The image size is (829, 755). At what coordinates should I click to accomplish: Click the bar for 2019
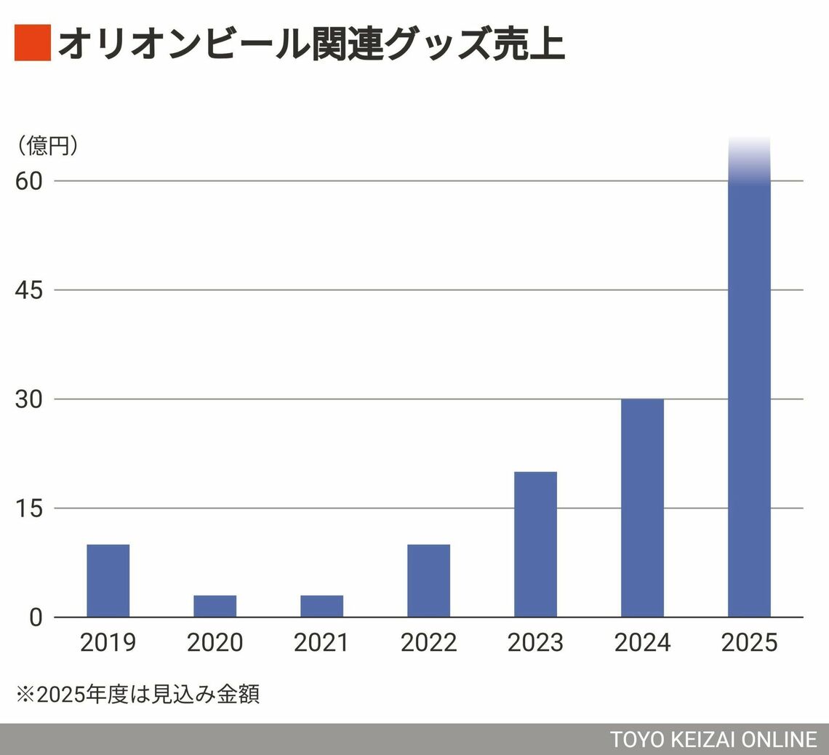[x=108, y=580]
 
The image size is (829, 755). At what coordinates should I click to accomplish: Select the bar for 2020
[x=215, y=606]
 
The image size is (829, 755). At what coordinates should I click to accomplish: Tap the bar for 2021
[x=321, y=606]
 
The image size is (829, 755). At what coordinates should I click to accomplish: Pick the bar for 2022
[x=428, y=580]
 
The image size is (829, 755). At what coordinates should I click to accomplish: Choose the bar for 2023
[x=535, y=544]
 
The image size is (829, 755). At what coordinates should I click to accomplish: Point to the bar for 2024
[x=642, y=508]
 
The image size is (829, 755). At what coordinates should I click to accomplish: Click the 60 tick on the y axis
[x=30, y=181]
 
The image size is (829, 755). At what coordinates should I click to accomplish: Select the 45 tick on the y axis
[x=30, y=290]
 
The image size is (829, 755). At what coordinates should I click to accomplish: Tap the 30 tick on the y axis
[x=30, y=399]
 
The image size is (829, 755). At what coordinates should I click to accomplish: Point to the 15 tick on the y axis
[x=30, y=508]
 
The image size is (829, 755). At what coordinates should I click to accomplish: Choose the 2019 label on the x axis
[x=108, y=643]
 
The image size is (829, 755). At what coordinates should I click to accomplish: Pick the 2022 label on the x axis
[x=428, y=643]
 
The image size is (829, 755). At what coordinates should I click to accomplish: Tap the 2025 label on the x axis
[x=749, y=643]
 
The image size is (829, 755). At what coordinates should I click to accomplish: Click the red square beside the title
[x=32, y=43]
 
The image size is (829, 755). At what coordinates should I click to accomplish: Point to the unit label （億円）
[x=47, y=146]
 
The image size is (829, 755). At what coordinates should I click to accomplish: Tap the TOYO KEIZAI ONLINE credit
[x=713, y=740]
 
